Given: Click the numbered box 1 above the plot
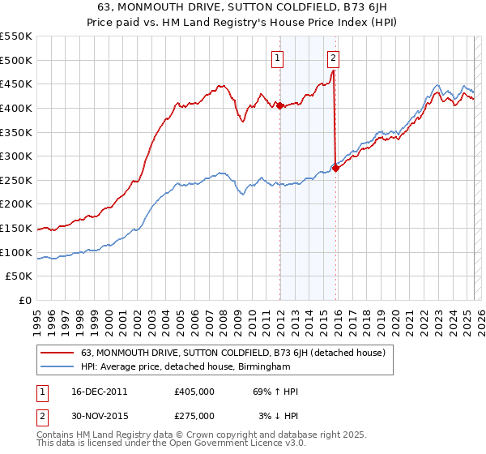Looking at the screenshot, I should point(278,58).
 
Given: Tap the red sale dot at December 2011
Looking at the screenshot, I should point(280,105).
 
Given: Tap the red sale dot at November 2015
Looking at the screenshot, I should point(336,168).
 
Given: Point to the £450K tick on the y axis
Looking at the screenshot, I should point(16,84).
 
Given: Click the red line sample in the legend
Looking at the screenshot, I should point(58,353).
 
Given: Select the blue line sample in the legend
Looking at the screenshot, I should point(58,366).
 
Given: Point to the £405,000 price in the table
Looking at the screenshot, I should point(194,392).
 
